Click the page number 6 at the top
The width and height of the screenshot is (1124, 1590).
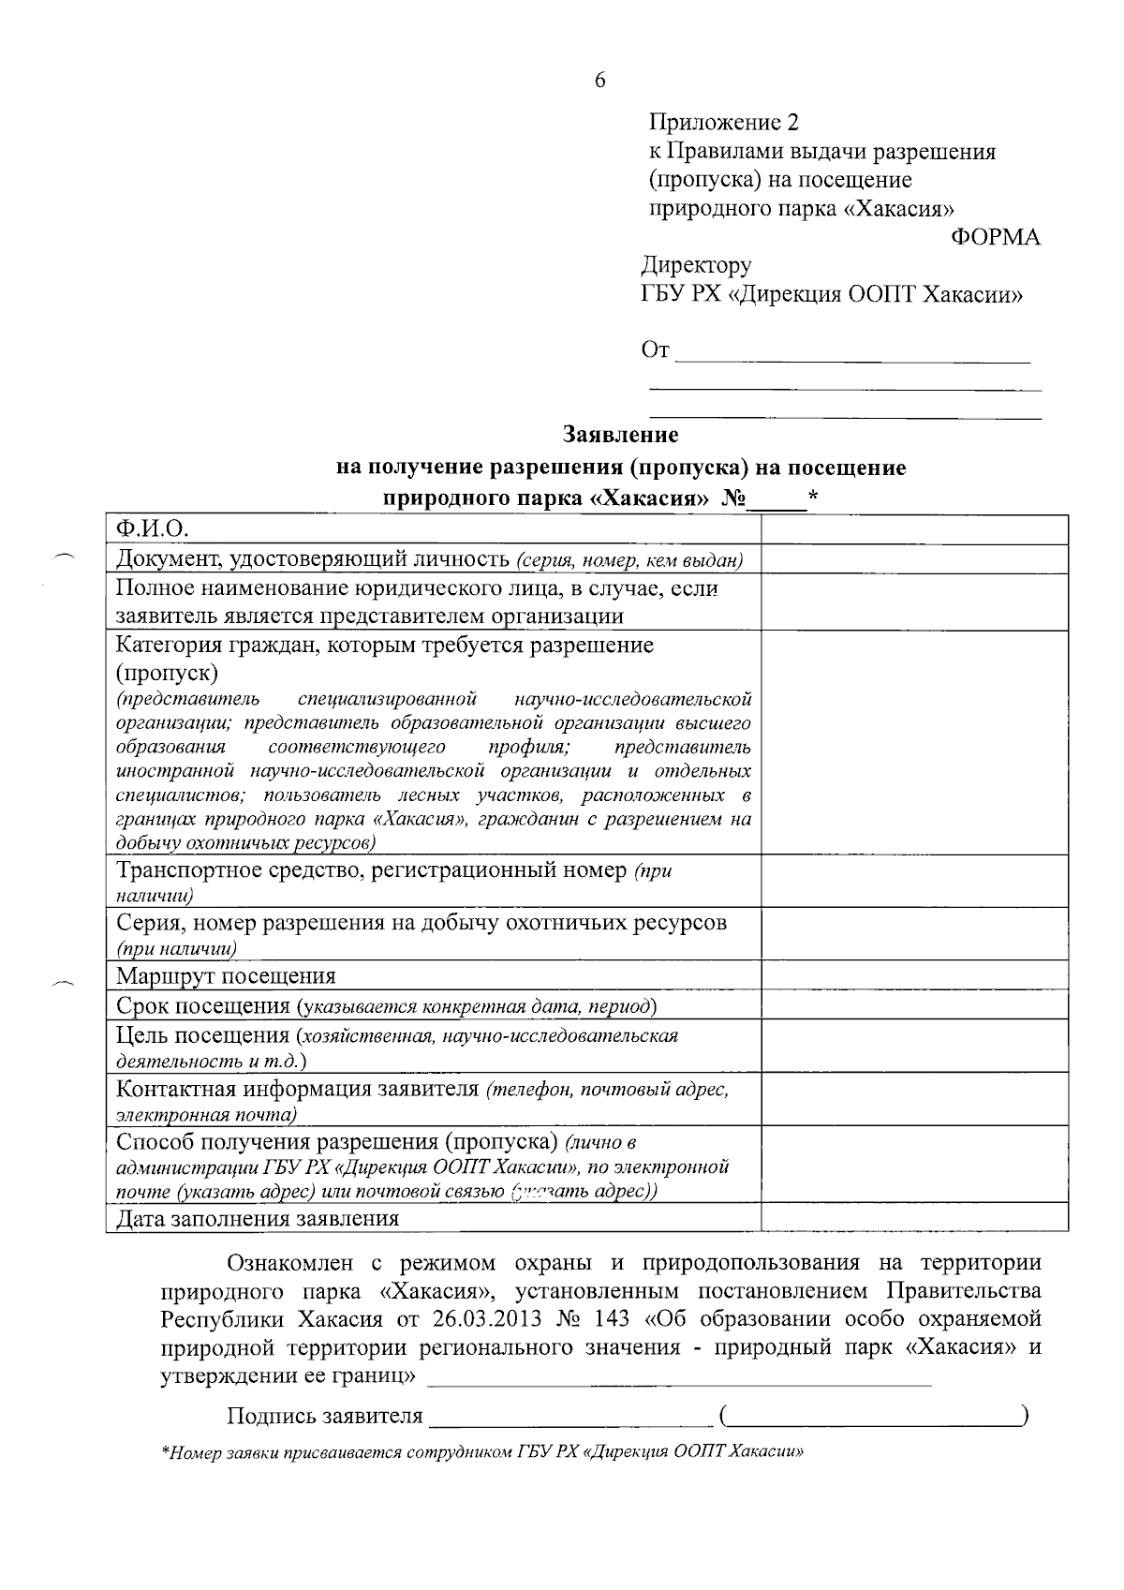tap(599, 81)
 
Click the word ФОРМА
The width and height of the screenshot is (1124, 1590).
tap(995, 237)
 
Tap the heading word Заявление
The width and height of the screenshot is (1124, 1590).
tap(620, 435)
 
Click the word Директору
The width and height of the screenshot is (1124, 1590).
tap(696, 266)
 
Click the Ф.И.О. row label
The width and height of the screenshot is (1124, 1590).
tap(153, 529)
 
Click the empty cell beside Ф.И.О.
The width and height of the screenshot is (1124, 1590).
tap(914, 529)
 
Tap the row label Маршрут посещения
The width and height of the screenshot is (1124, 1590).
tap(226, 976)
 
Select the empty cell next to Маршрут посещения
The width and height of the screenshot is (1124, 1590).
tap(914, 975)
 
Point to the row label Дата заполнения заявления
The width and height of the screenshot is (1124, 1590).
tap(258, 1218)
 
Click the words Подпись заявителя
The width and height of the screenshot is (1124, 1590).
tap(324, 1416)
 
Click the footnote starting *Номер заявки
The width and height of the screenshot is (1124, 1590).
tap(483, 1453)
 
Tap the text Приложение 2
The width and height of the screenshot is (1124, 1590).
tap(724, 123)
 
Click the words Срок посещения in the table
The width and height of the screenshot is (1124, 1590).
tap(203, 1006)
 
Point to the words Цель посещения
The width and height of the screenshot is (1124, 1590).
tap(202, 1035)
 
